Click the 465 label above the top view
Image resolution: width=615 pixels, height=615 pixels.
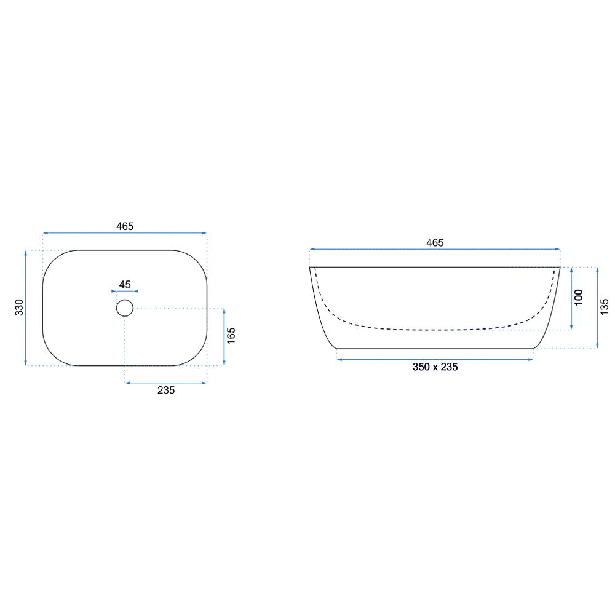point(125,226)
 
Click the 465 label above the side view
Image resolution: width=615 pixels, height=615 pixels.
point(435,243)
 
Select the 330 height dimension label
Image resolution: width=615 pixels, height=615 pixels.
point(19,307)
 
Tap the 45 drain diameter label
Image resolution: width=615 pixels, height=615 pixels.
point(125,284)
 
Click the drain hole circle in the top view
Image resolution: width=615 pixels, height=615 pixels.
point(125,300)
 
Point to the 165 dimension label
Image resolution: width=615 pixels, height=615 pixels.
point(231,336)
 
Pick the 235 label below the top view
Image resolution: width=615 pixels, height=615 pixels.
point(166,391)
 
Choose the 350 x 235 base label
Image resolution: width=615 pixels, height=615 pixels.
point(435,367)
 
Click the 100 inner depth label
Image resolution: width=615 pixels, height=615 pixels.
point(578,297)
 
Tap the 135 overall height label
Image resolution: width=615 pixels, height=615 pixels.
point(605,307)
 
